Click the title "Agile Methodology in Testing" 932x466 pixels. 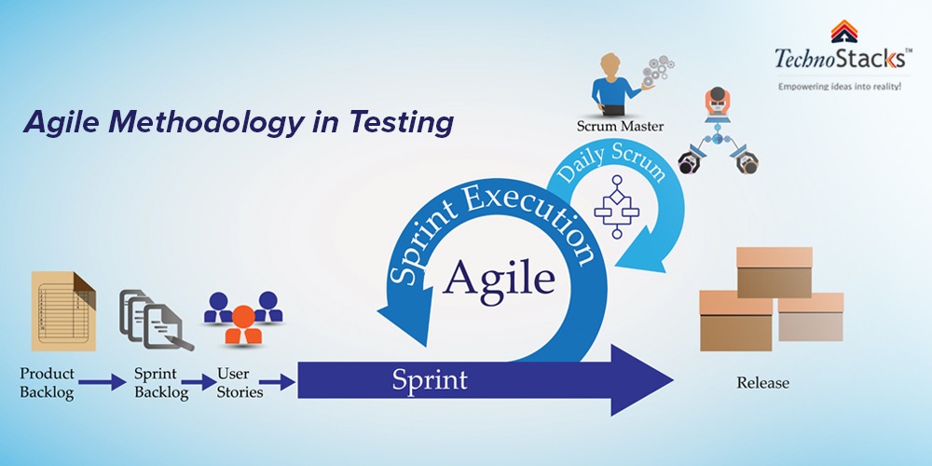pyautogui.click(x=240, y=122)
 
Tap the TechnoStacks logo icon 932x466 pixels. pyautogui.click(x=843, y=32)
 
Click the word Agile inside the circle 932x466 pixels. pyautogui.click(x=498, y=275)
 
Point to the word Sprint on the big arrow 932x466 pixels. pyautogui.click(x=430, y=379)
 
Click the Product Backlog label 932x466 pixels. pyautogui.click(x=47, y=382)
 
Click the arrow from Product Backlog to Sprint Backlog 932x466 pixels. pyautogui.click(x=103, y=380)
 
